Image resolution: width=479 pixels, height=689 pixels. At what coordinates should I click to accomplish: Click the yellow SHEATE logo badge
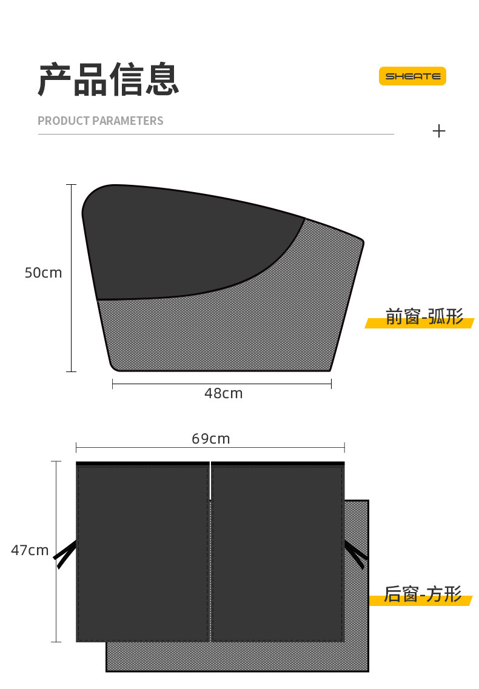(x=412, y=76)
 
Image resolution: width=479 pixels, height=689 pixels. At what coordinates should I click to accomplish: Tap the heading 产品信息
(x=109, y=79)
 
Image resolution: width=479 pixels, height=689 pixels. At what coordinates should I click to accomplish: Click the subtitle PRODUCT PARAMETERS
(x=100, y=121)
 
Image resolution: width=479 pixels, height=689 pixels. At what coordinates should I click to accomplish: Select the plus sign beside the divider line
(x=439, y=131)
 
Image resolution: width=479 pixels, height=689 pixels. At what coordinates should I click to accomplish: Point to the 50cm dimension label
(x=43, y=273)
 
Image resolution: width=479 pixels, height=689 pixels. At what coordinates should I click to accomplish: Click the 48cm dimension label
(x=224, y=393)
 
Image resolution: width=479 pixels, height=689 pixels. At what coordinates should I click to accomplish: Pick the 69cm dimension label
(x=210, y=439)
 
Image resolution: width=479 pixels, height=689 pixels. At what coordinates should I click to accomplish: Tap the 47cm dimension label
(x=30, y=550)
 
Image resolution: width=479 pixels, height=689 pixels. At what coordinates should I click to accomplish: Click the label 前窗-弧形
(x=424, y=316)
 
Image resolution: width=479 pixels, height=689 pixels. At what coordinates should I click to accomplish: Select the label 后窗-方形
(x=423, y=594)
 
